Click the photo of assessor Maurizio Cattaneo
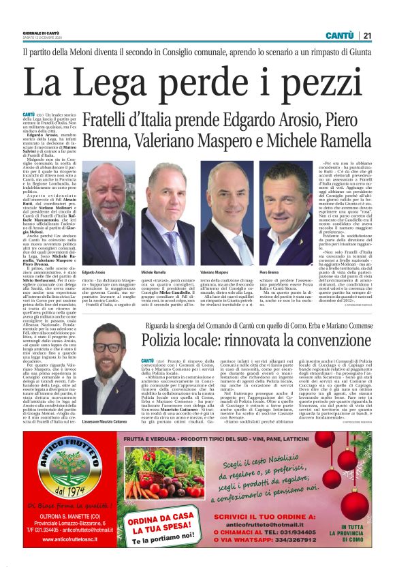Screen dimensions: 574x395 pos(108,359)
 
